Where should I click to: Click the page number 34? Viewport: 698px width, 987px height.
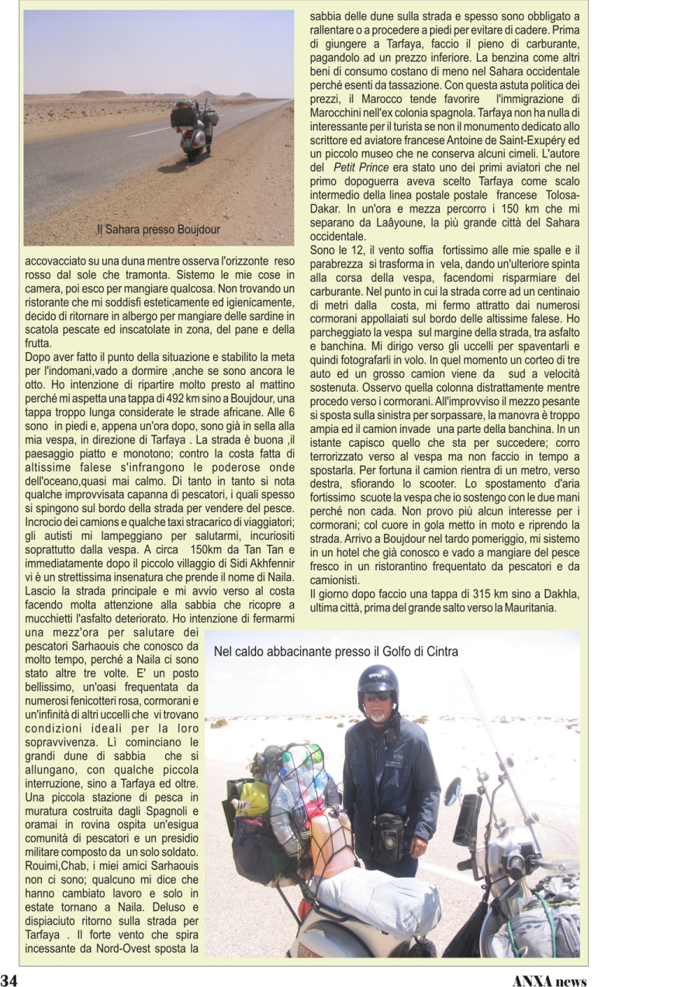(x=9, y=978)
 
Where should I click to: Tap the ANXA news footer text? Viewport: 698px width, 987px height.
(x=549, y=979)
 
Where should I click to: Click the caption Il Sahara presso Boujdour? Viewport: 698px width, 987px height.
(x=158, y=230)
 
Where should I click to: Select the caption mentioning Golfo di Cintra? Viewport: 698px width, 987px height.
(x=336, y=652)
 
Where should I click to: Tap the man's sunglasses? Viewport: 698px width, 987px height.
(x=378, y=696)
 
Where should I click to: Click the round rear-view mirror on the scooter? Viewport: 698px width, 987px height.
(x=452, y=791)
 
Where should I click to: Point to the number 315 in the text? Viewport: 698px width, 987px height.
(x=439, y=594)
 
